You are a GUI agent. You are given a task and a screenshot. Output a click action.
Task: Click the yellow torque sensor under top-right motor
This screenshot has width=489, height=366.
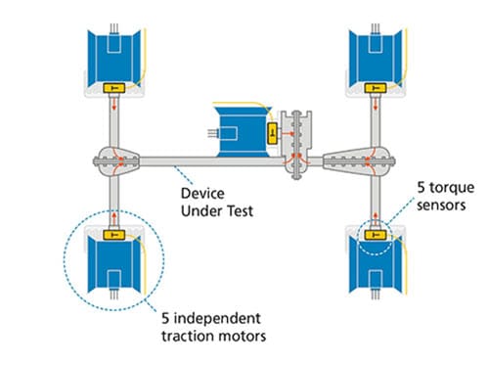[x=376, y=89]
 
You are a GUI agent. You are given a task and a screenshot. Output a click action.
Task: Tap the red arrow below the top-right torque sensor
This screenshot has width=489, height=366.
[x=376, y=108]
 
